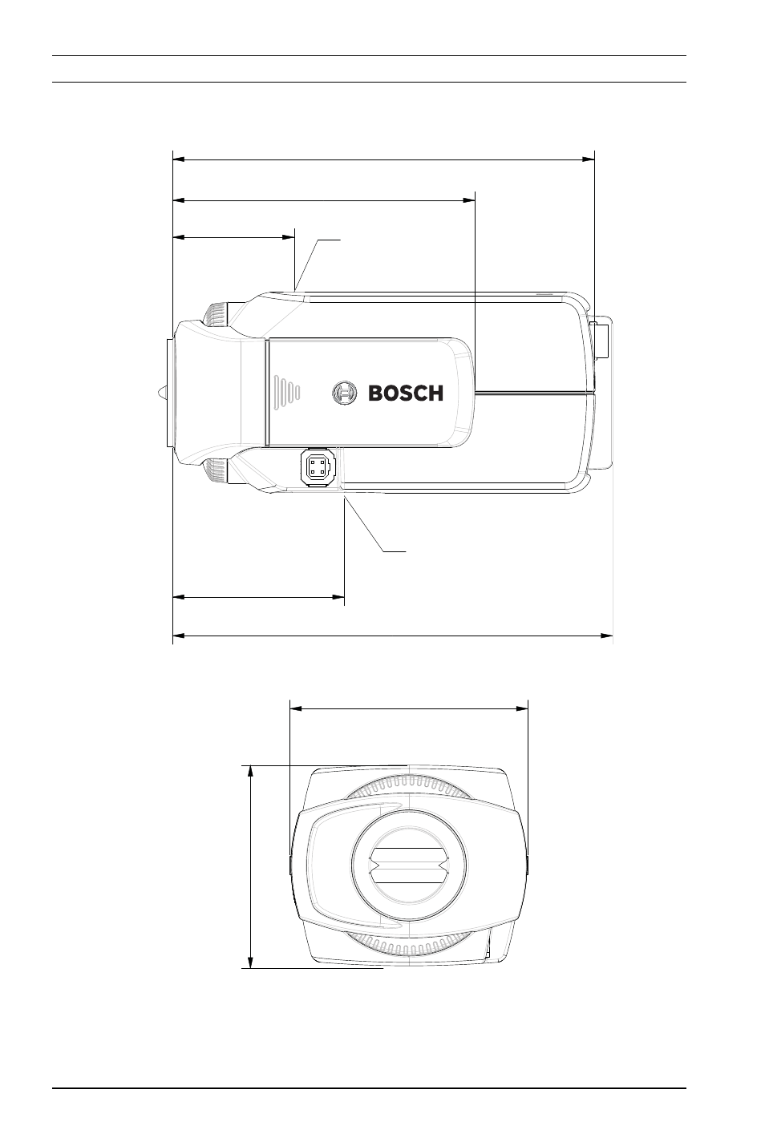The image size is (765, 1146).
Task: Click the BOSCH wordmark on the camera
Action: coord(406,393)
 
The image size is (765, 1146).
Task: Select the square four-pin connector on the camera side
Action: coord(318,466)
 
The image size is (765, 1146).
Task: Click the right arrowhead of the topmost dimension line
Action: coord(589,159)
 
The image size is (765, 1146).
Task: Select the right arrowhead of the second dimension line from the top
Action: coord(469,200)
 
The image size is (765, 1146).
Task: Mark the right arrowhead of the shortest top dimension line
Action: coord(289,237)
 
